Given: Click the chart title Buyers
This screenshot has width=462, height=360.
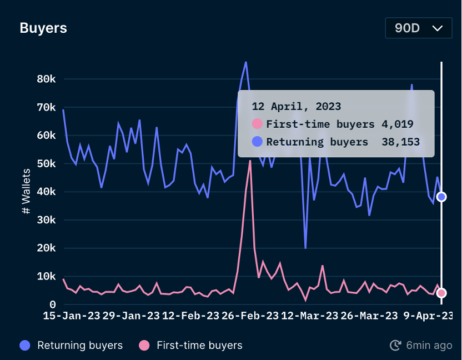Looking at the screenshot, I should point(43,28).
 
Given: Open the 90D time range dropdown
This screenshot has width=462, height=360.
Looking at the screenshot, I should point(419,28).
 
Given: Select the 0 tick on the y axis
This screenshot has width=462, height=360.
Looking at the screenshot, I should point(53,304).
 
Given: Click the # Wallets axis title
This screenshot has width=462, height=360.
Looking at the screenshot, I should point(26,192).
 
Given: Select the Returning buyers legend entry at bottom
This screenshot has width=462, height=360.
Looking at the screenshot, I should point(71,346).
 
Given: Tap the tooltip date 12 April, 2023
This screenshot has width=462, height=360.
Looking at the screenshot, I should point(297,106).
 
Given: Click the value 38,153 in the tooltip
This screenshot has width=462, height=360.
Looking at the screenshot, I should point(400,142).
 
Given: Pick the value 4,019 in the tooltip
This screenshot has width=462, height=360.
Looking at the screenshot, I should point(398,124).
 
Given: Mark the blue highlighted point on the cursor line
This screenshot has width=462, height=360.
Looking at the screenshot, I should point(441,197).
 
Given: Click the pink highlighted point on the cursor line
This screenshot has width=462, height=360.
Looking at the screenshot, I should point(441,293).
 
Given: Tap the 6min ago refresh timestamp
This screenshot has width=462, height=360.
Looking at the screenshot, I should point(429,346).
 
